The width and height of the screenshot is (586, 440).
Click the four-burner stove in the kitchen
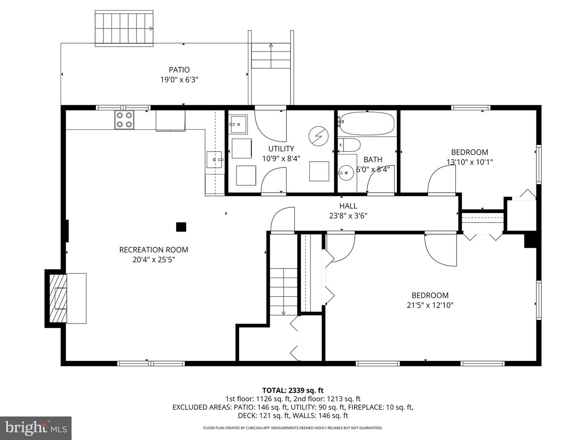point(124,120)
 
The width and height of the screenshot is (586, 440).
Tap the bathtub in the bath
point(367,123)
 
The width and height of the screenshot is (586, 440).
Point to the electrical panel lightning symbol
point(318,136)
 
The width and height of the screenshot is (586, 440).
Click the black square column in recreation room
point(181,227)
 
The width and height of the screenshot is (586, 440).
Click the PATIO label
point(179,70)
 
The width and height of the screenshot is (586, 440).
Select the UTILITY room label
point(281,149)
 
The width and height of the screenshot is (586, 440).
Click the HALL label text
point(348,206)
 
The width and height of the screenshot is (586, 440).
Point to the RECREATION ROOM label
point(153,250)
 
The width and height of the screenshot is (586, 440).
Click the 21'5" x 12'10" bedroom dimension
point(430,305)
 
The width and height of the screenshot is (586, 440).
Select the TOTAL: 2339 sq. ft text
point(293,390)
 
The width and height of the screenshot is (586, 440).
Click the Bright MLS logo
point(36,428)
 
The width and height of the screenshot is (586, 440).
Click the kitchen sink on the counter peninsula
point(215,160)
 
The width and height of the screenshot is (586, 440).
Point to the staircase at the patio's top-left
point(125,28)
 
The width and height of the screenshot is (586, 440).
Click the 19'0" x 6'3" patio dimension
point(179,80)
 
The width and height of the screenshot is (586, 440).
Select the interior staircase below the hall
point(284,291)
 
